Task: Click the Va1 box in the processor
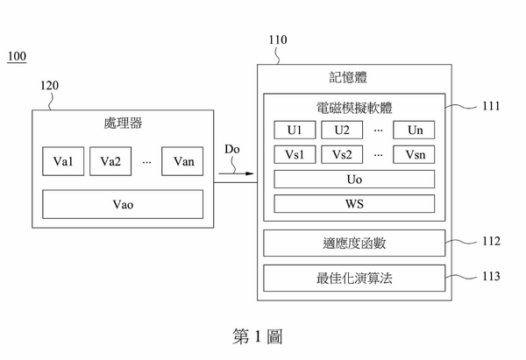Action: click(63, 161)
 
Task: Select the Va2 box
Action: click(110, 161)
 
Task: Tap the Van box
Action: click(183, 161)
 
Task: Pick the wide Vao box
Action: click(123, 204)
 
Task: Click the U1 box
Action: click(294, 131)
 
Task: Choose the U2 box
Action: click(341, 131)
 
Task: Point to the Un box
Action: click(414, 131)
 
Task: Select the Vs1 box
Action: click(294, 155)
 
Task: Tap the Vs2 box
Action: click(341, 155)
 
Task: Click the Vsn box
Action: click(414, 155)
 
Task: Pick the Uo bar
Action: click(354, 180)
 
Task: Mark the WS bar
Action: click(354, 204)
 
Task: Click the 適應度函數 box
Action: click(354, 243)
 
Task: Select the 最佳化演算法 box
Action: click(354, 279)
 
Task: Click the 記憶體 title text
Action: click(354, 77)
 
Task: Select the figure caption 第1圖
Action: click(258, 335)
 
